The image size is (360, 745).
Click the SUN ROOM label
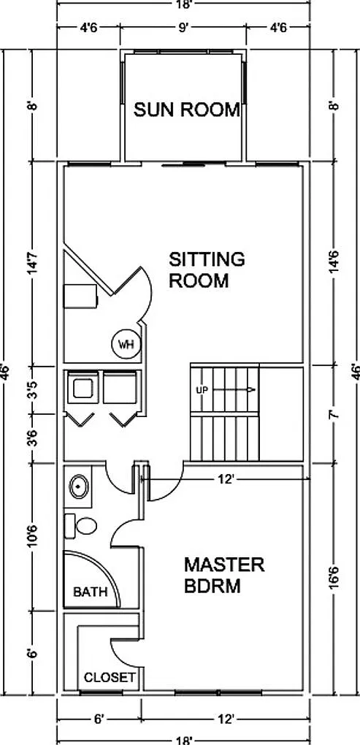[186, 110]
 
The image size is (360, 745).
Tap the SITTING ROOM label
[207, 270]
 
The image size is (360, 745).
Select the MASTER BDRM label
[224, 575]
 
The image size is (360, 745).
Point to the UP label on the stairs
[202, 390]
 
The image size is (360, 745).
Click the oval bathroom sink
[78, 486]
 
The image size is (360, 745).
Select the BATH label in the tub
[91, 592]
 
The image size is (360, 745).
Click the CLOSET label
[110, 678]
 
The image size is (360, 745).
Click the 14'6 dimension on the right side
[335, 263]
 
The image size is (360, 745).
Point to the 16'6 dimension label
[335, 576]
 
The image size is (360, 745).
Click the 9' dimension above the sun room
[183, 28]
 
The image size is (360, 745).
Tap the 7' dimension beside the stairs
[335, 414]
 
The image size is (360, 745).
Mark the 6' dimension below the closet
[99, 719]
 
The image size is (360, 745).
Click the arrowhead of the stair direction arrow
[252, 390]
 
